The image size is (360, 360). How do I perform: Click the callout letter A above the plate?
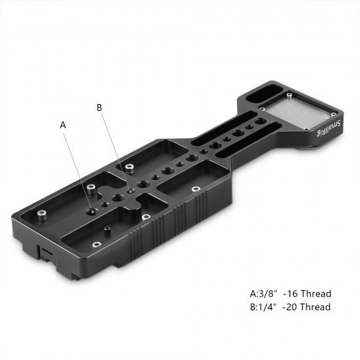pyautogui.click(x=63, y=124)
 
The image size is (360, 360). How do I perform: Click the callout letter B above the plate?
pyautogui.click(x=100, y=108)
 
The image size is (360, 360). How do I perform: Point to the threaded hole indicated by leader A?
pyautogui.click(x=92, y=211)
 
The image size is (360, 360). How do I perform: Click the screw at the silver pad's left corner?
pyautogui.click(x=262, y=107)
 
